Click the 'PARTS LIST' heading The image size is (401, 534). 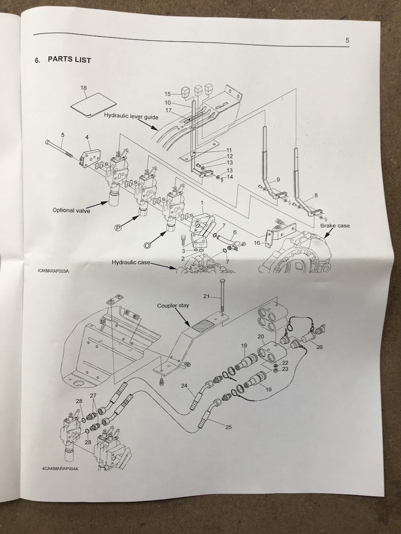tap(70, 60)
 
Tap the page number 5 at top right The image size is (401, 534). tap(347, 40)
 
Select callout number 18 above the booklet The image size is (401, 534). tap(84, 88)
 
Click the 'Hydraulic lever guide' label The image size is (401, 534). tap(131, 116)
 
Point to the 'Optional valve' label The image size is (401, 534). tap(71, 210)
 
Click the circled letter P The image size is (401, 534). tap(117, 228)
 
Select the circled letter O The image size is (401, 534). tap(147, 244)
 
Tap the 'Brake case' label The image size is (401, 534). tap(335, 225)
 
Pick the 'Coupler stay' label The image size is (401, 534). tap(173, 306)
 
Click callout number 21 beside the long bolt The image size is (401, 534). tap(207, 296)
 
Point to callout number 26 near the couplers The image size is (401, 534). tap(319, 347)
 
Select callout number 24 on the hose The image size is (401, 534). tap(184, 386)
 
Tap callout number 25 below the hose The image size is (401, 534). tap(229, 427)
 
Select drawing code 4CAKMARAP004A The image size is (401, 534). tap(60, 468)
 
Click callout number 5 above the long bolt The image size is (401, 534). tap(63, 135)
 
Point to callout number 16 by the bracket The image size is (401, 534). tap(257, 243)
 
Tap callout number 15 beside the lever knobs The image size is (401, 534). tap(167, 94)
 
